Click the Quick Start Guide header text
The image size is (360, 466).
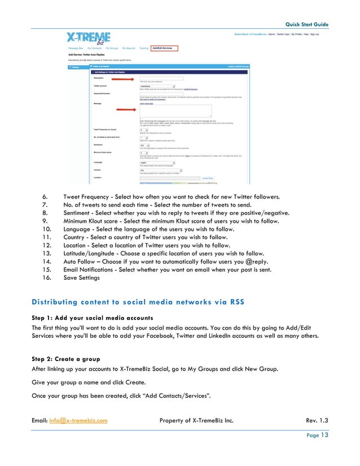[x=306, y=24]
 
